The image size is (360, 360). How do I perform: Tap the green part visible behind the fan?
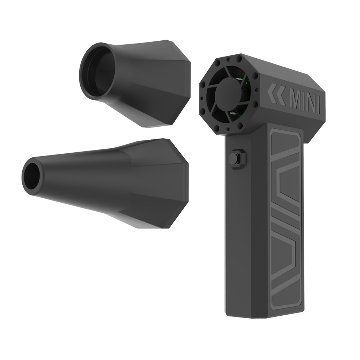coord(246,86)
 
